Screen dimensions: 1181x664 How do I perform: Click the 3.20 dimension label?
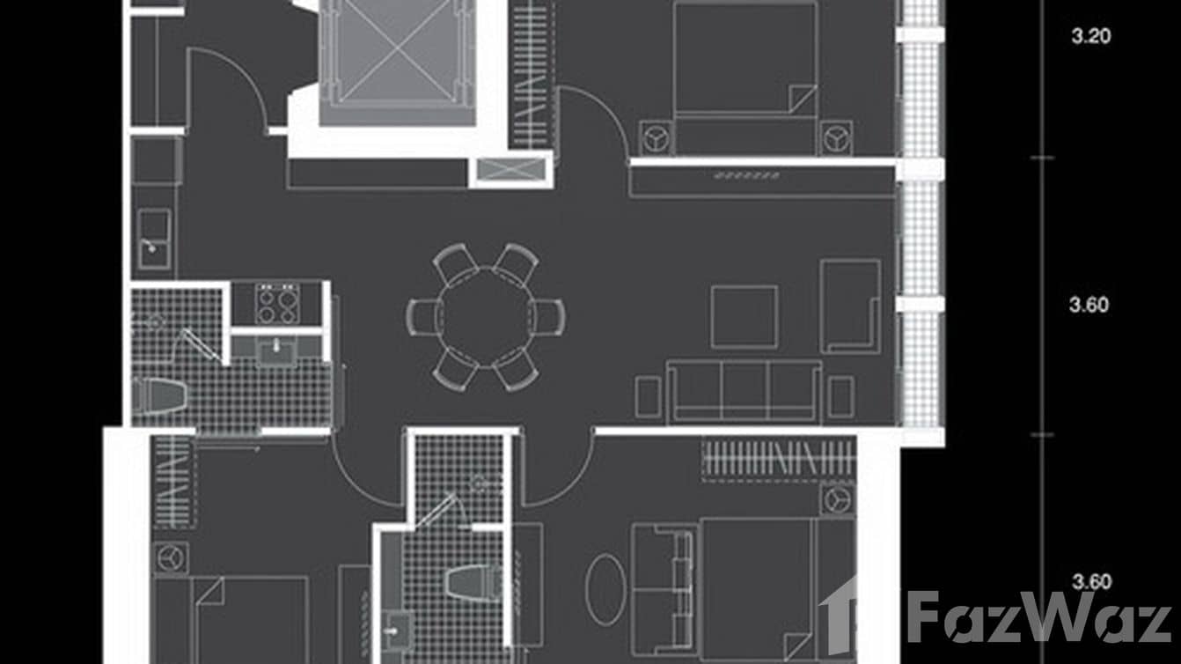[1091, 36]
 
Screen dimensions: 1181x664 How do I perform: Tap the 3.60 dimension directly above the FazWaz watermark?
[1091, 582]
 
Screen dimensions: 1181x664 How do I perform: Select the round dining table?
[486, 317]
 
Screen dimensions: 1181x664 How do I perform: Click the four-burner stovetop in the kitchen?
[277, 303]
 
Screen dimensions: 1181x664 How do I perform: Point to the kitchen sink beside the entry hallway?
[155, 239]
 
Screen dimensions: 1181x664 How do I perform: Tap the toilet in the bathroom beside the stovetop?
[158, 395]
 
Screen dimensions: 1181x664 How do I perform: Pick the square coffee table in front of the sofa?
[744, 318]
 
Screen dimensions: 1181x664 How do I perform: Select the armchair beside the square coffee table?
[850, 306]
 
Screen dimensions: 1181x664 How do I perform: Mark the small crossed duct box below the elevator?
[510, 170]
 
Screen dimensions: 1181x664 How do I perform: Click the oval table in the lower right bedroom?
[606, 590]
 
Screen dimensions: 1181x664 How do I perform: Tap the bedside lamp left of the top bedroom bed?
[656, 138]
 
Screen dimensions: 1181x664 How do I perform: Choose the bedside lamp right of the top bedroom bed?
[836, 138]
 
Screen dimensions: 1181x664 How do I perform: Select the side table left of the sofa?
[648, 396]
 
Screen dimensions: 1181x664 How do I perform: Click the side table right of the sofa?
[841, 396]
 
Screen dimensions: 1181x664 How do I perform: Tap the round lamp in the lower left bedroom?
[171, 557]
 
